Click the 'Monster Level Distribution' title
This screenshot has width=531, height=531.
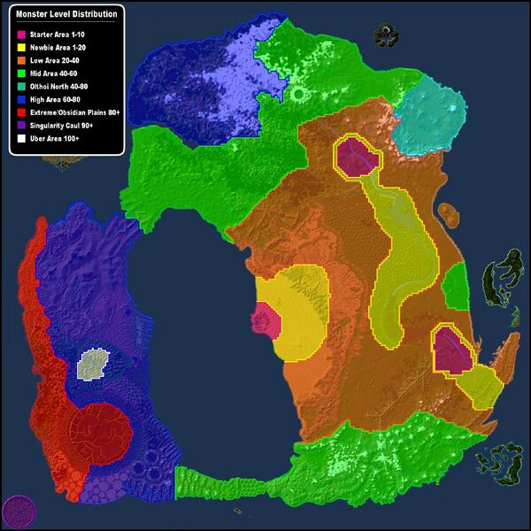(x=66, y=15)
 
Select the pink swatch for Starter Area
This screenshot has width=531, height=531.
(x=21, y=34)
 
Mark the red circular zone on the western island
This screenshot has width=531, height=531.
(x=100, y=432)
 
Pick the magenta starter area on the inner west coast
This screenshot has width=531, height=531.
(x=265, y=319)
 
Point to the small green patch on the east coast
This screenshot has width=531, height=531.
(x=455, y=287)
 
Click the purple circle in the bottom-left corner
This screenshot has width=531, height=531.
(x=17, y=512)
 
